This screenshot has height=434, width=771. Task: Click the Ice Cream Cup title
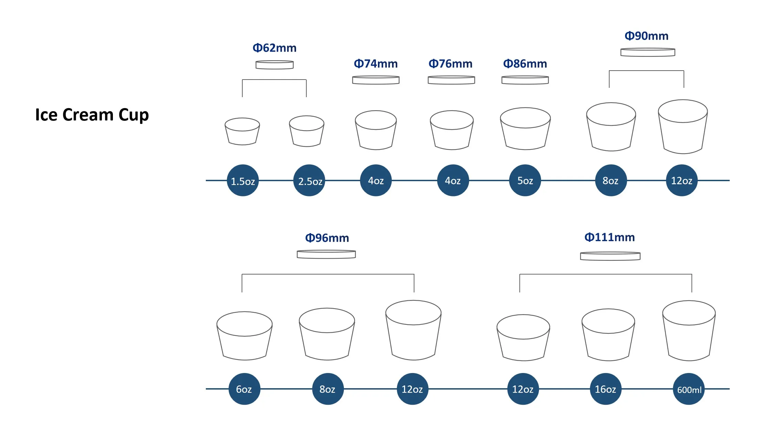tap(92, 115)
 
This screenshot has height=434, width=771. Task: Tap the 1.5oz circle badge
tap(243, 180)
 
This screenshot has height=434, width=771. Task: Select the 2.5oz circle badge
tap(309, 180)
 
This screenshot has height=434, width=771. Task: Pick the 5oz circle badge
tap(525, 180)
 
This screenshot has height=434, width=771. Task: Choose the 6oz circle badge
tap(244, 389)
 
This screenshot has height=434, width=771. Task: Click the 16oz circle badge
tap(605, 389)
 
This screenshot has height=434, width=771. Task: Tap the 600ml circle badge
tap(689, 389)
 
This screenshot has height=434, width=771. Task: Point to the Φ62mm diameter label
tap(274, 48)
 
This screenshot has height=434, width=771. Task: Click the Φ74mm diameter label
tap(376, 64)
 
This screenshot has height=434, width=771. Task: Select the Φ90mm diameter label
tap(646, 36)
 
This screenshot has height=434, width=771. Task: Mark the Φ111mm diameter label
tap(610, 237)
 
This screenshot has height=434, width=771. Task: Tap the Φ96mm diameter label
tap(327, 238)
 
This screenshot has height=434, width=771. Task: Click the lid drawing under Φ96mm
tap(326, 254)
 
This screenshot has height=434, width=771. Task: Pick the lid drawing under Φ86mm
tap(525, 80)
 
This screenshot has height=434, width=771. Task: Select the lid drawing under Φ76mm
tap(451, 80)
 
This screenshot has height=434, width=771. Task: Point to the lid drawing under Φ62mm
tap(274, 65)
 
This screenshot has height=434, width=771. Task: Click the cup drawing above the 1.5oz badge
tap(242, 132)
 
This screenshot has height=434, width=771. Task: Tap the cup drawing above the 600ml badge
tap(689, 331)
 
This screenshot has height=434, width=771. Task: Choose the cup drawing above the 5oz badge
tap(525, 129)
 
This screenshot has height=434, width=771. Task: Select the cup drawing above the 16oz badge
tap(608, 335)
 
